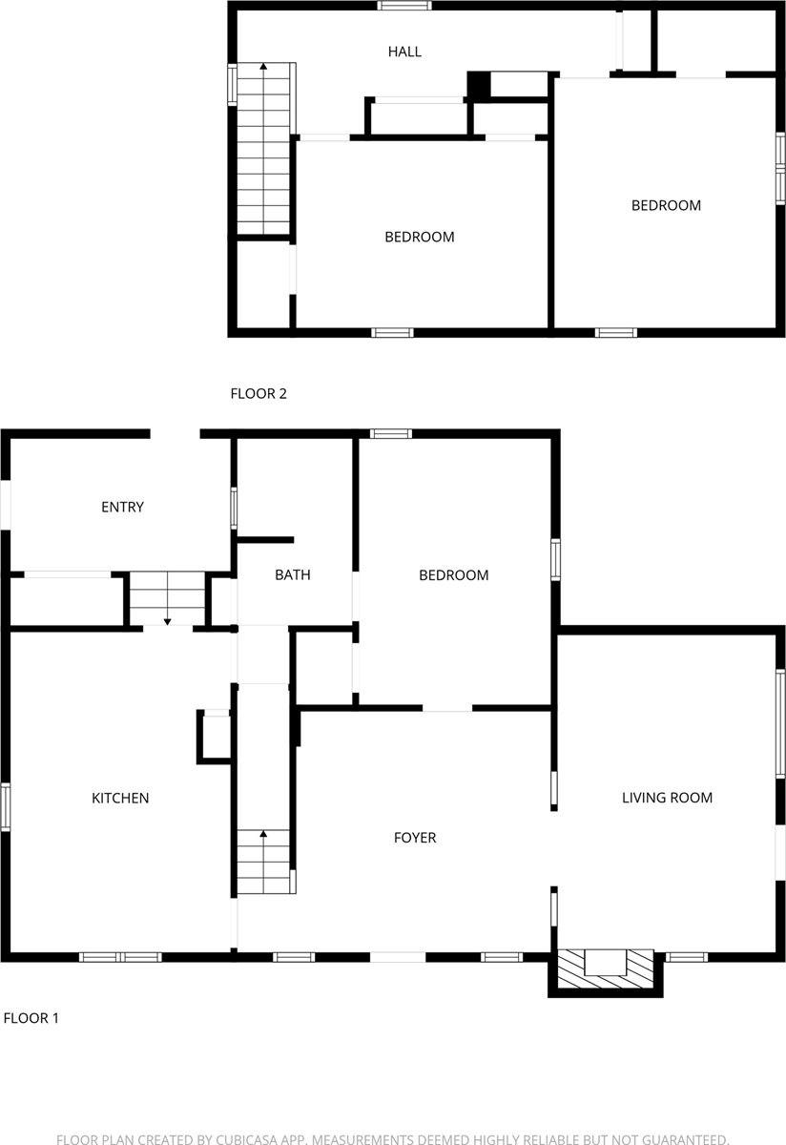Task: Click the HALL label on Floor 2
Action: pyautogui.click(x=404, y=52)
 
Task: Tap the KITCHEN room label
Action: pyautogui.click(x=120, y=798)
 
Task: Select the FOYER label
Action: pyautogui.click(x=415, y=838)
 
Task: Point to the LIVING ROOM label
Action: pyautogui.click(x=667, y=798)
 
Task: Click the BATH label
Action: pyautogui.click(x=292, y=574)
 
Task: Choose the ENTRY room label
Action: pyautogui.click(x=122, y=507)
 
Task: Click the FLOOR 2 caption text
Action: pyautogui.click(x=259, y=393)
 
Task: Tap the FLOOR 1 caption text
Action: pyautogui.click(x=31, y=1018)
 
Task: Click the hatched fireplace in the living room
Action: pyautogui.click(x=605, y=968)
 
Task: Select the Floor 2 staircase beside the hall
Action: pyautogui.click(x=263, y=148)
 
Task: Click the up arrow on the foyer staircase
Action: pyautogui.click(x=262, y=836)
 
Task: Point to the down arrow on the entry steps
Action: pyautogui.click(x=167, y=620)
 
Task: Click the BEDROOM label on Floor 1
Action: pyautogui.click(x=454, y=574)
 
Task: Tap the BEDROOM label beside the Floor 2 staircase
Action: pyautogui.click(x=419, y=237)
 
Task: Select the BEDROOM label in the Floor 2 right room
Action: pyautogui.click(x=666, y=205)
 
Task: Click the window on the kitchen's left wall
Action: pyautogui.click(x=6, y=806)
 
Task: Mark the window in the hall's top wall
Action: pyautogui.click(x=403, y=6)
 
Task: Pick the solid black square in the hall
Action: pyautogui.click(x=478, y=85)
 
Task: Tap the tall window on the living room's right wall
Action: pyautogui.click(x=780, y=722)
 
